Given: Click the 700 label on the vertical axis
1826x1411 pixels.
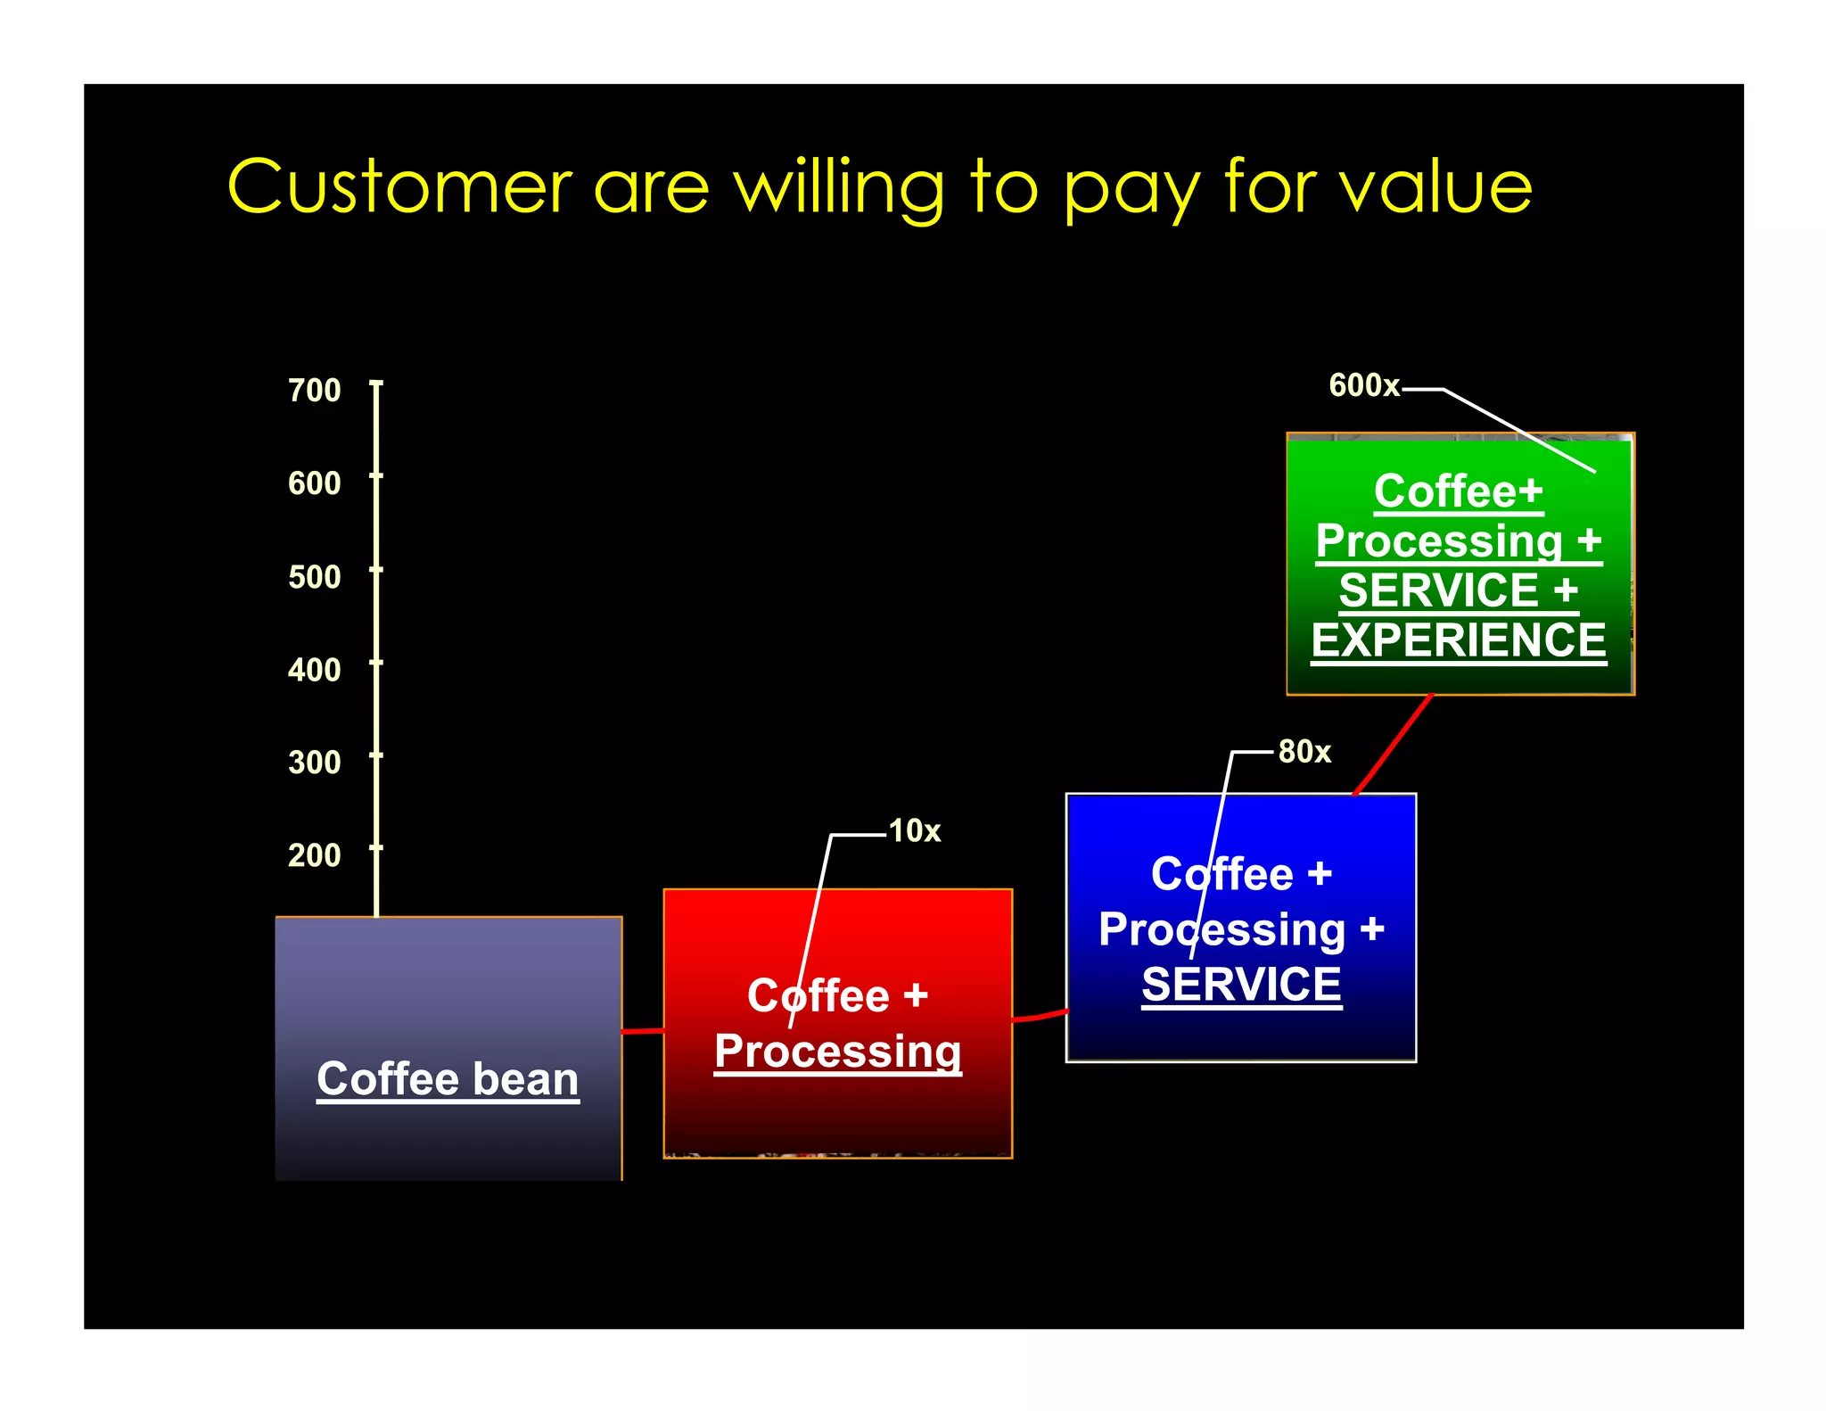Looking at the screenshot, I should tap(314, 390).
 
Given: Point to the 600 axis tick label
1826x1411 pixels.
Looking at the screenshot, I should tap(314, 483).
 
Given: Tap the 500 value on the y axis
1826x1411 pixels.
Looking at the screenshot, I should tap(314, 577).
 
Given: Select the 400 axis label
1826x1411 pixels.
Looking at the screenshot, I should tap(314, 670).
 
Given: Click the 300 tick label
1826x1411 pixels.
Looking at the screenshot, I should tap(314, 763).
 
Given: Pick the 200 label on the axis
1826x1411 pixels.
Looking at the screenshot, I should tap(314, 855).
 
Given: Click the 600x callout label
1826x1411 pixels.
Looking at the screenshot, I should tap(1363, 385).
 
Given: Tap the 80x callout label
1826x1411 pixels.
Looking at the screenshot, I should tap(1304, 752).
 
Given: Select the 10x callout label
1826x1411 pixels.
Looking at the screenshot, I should tap(915, 831).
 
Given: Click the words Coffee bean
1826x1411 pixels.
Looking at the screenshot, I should tap(448, 1078).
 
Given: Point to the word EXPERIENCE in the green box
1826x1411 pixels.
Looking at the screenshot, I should tap(1459, 640).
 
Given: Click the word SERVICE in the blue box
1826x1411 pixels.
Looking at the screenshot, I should tap(1241, 985).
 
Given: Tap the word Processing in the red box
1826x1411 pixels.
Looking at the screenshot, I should tap(837, 1052).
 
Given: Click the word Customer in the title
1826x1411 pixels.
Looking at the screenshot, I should tap(399, 187).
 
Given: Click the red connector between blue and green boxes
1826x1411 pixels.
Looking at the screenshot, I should tap(1393, 745).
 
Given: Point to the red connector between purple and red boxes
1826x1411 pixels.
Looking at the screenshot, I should tap(643, 1031).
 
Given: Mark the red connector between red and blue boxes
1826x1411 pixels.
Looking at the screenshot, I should tap(1040, 1016).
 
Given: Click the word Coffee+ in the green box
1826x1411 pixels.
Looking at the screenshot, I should tap(1458, 491).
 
